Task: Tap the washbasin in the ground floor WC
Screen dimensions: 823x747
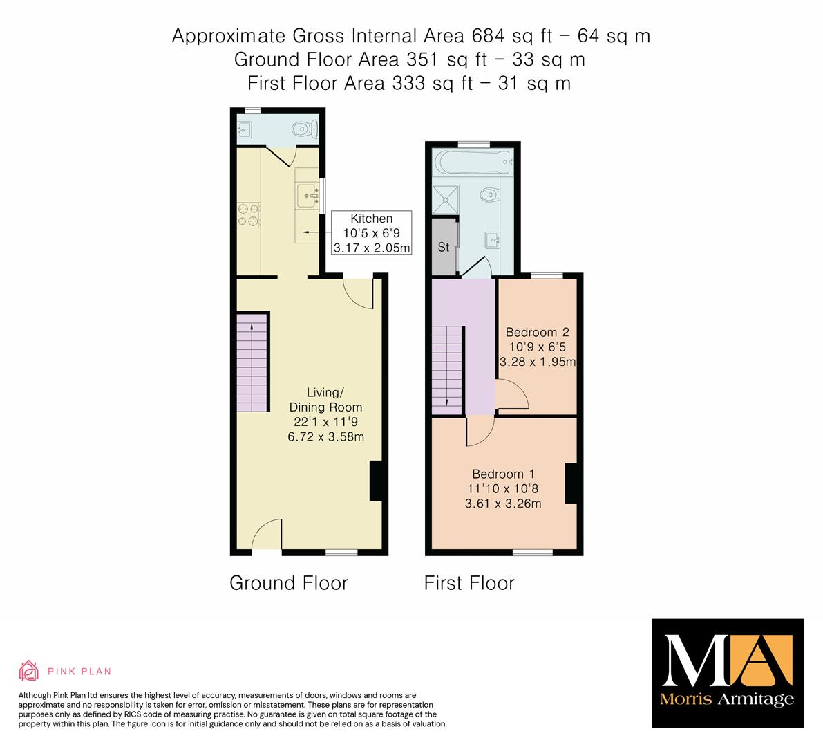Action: [x=244, y=129]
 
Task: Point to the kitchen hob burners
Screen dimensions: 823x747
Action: [x=248, y=215]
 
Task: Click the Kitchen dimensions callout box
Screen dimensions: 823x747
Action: [x=372, y=232]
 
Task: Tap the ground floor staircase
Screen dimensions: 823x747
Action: [x=252, y=362]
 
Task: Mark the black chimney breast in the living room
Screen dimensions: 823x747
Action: [x=376, y=481]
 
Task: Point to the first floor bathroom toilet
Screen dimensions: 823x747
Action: [x=490, y=195]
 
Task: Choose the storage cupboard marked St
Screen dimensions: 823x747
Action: [x=444, y=247]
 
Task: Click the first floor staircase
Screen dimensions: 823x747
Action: [x=447, y=370]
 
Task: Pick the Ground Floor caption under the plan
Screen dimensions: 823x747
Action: [x=289, y=583]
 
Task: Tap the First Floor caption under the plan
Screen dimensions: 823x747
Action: [x=469, y=583]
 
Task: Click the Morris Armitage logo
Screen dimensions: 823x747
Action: [x=728, y=674]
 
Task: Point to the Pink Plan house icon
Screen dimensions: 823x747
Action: [x=29, y=670]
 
